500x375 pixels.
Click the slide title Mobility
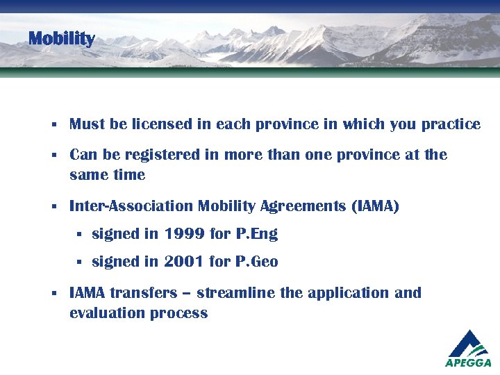[x=61, y=39]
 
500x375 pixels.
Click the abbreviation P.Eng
[x=256, y=234]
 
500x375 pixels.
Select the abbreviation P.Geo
[x=256, y=262]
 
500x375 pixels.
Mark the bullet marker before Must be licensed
[x=53, y=126]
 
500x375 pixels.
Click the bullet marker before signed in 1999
[x=79, y=235]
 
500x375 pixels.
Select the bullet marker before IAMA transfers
[x=53, y=294]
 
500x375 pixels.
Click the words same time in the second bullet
[x=107, y=175]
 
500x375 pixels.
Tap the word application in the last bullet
[x=347, y=293]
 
